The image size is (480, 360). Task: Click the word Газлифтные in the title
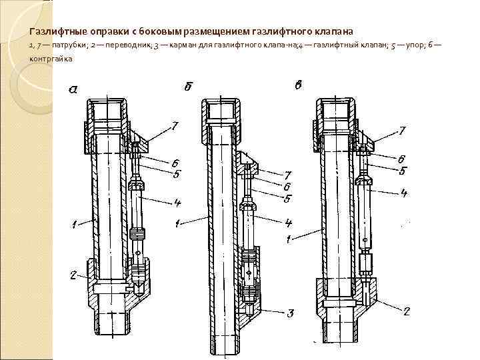coord(55,31)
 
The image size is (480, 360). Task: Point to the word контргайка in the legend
coord(51,59)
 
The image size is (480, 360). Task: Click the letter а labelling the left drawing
coord(73,90)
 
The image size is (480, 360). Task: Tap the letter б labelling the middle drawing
coord(188,87)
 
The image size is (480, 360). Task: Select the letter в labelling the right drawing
coord(298,86)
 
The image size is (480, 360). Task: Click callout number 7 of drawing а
coord(174,126)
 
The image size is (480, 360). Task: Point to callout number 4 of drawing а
coord(178,203)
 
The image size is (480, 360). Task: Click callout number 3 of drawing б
coord(291,312)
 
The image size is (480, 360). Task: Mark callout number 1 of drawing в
coord(288,238)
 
